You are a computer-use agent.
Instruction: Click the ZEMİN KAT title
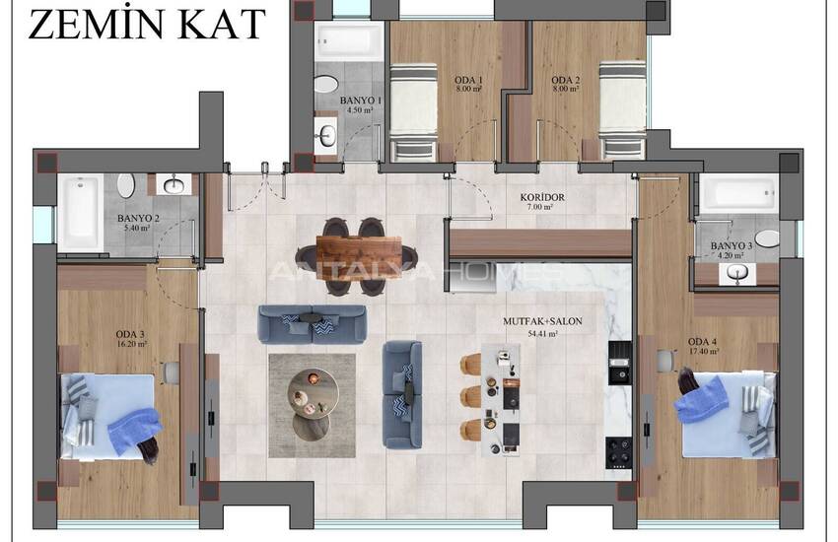pyautogui.click(x=147, y=25)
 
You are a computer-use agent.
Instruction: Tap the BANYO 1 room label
pyautogui.click(x=361, y=101)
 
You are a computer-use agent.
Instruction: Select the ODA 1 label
pyautogui.click(x=468, y=80)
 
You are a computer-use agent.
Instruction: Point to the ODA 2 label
pyautogui.click(x=566, y=80)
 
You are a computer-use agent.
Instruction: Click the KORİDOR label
pyautogui.click(x=542, y=197)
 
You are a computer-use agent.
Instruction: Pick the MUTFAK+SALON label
pyautogui.click(x=542, y=321)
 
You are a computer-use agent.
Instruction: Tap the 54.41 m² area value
pyautogui.click(x=542, y=334)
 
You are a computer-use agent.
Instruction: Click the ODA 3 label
pyautogui.click(x=130, y=335)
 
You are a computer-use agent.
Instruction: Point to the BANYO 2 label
pyautogui.click(x=138, y=219)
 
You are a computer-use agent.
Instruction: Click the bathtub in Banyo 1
pyautogui.click(x=348, y=40)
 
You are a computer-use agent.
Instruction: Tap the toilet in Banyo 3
pyautogui.click(x=767, y=238)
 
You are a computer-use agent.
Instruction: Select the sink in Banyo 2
pyautogui.click(x=175, y=185)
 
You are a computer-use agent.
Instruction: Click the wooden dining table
pyautogui.click(x=358, y=258)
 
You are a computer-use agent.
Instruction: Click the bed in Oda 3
pyautogui.click(x=106, y=417)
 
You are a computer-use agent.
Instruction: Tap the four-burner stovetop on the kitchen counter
pyautogui.click(x=618, y=452)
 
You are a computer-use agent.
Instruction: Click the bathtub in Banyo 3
pyautogui.click(x=738, y=193)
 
